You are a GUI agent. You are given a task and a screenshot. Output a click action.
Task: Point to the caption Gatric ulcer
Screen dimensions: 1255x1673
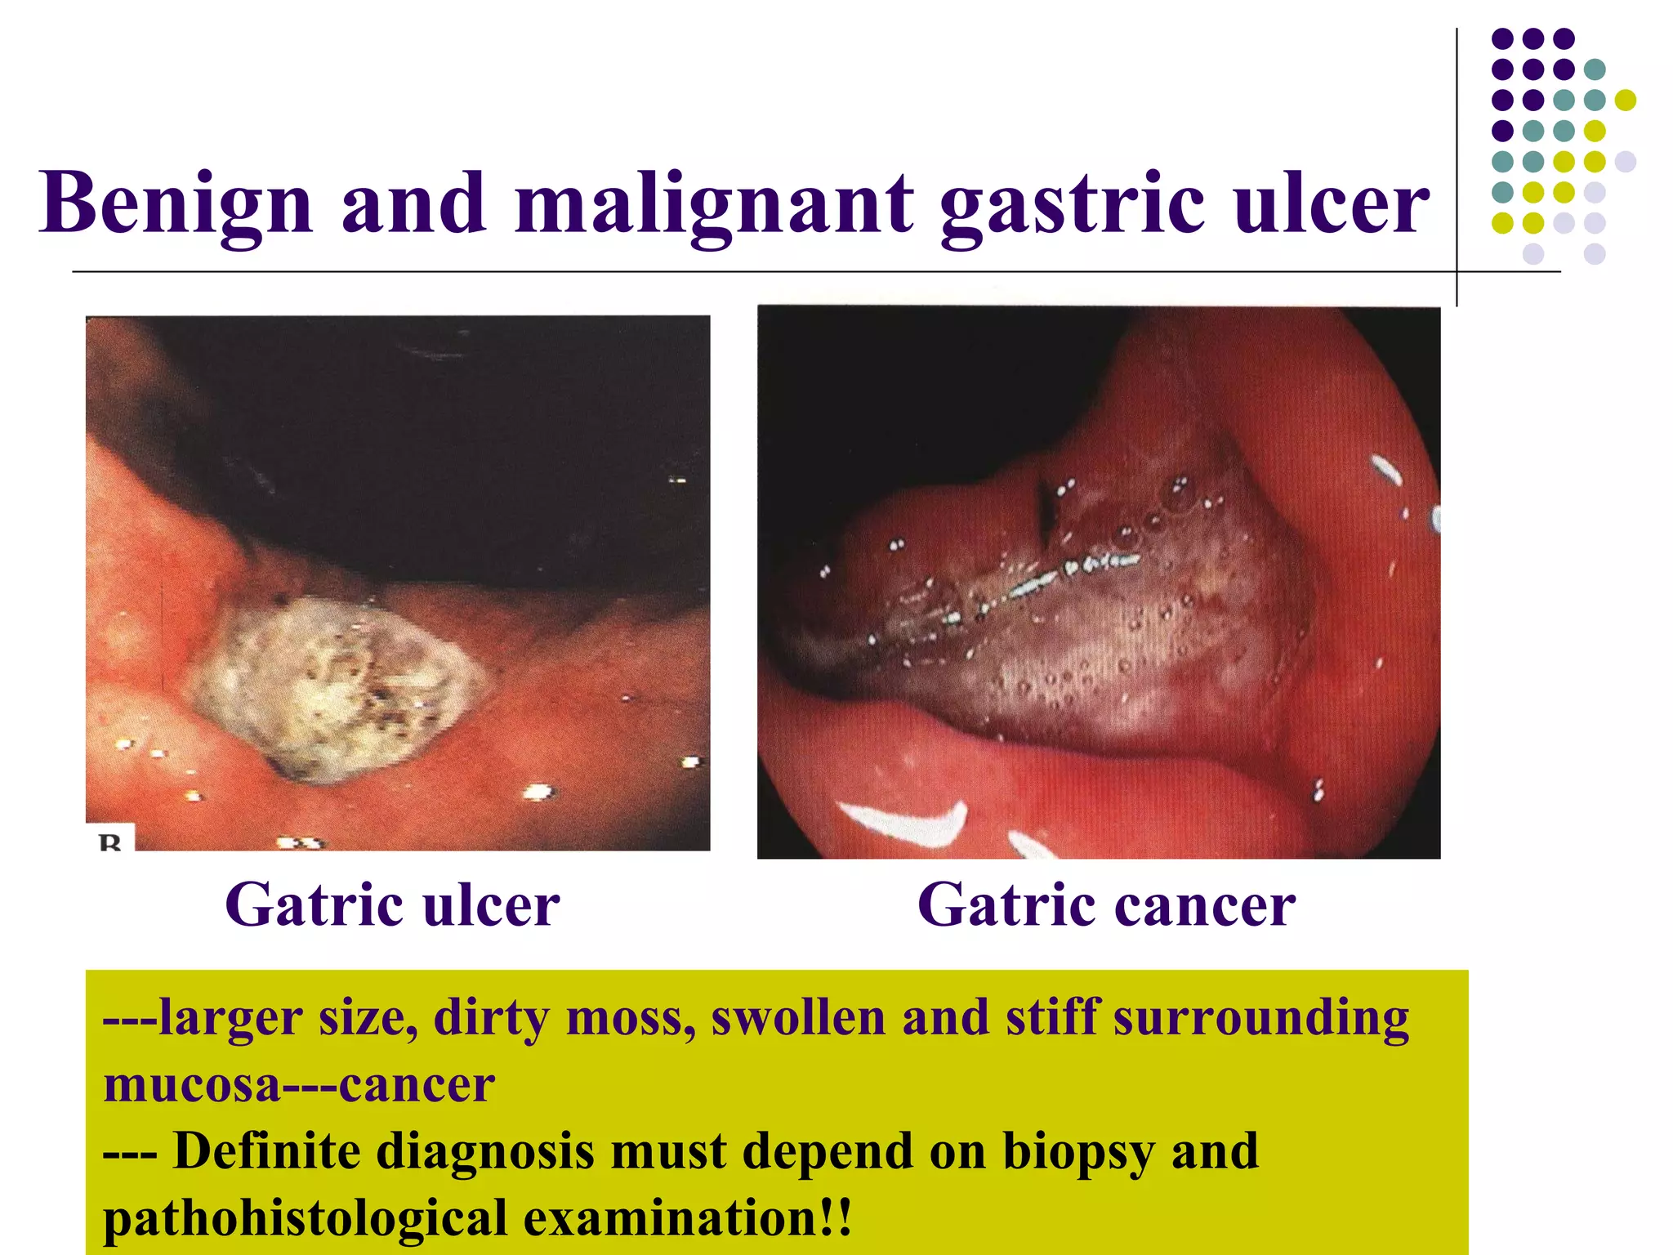tap(392, 905)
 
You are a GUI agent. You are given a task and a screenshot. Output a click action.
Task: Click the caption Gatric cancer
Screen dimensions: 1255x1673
tap(1106, 905)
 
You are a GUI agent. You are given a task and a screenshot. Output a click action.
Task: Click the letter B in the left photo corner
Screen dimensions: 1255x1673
tap(110, 842)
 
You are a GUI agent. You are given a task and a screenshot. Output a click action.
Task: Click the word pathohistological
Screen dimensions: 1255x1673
tap(305, 1218)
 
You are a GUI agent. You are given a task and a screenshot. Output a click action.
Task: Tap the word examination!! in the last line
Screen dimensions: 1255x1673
tap(688, 1218)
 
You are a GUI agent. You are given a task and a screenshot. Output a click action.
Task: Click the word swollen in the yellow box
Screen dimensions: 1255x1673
tap(798, 1019)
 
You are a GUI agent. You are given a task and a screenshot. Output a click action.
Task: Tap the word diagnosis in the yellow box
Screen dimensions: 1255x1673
tap(485, 1152)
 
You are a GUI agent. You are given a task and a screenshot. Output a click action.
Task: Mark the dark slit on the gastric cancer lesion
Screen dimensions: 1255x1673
tap(1046, 511)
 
